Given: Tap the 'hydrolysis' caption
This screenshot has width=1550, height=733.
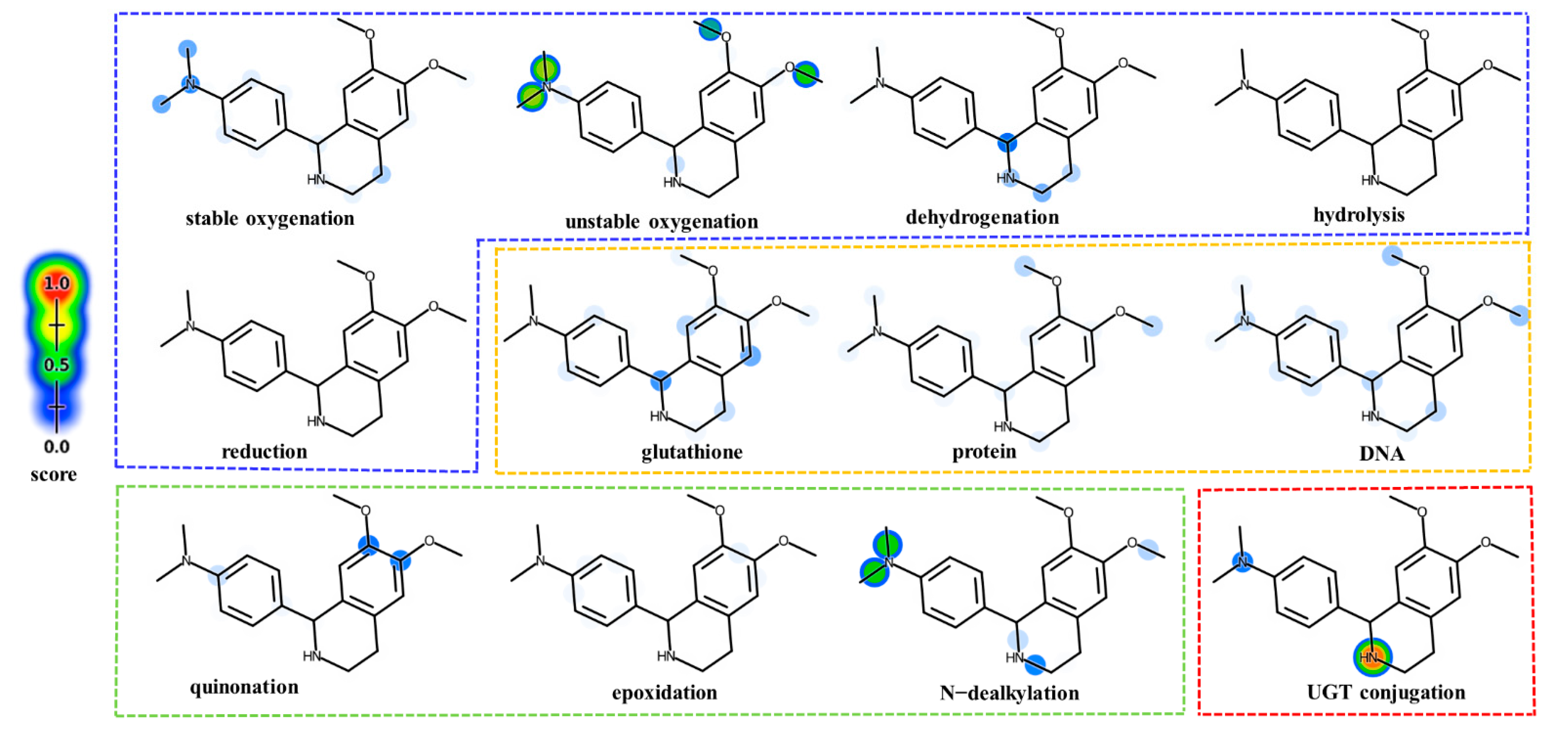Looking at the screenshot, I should pyautogui.click(x=1359, y=215).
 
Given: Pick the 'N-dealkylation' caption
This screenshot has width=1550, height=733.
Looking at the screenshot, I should pyautogui.click(x=1009, y=693).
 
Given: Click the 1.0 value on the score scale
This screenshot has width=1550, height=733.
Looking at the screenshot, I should pyautogui.click(x=57, y=284).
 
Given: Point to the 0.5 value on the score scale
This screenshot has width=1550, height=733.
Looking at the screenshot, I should pyautogui.click(x=57, y=365).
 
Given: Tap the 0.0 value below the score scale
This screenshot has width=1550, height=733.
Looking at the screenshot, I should pyautogui.click(x=57, y=446).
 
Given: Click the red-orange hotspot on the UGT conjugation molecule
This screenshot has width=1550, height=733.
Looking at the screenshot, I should pyautogui.click(x=1371, y=657).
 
